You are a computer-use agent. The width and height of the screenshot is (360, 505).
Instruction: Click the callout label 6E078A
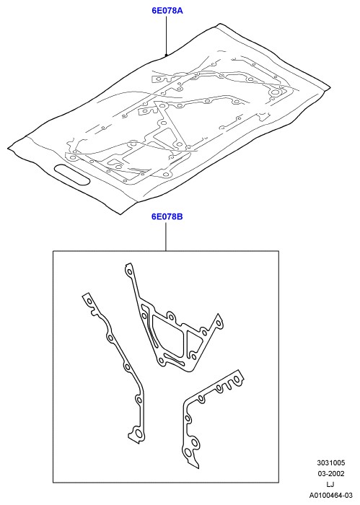click(167, 11)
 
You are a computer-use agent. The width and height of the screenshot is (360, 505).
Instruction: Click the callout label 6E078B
click(167, 216)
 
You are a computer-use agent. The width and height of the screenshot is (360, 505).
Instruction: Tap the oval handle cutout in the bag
click(72, 175)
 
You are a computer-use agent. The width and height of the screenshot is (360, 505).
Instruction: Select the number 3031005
click(330, 463)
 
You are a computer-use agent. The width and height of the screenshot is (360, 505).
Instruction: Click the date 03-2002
click(330, 474)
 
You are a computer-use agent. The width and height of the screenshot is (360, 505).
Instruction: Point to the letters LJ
click(330, 484)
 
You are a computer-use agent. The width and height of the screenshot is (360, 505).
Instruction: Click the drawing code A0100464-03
click(330, 495)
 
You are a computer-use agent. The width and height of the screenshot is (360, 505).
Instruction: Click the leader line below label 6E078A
click(166, 36)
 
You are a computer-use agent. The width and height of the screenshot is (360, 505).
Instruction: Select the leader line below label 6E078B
click(166, 236)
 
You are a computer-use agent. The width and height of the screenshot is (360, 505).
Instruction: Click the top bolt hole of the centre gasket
click(129, 272)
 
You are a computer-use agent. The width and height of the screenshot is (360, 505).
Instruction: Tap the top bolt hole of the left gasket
click(89, 302)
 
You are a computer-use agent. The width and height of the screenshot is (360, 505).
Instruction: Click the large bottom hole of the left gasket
click(136, 433)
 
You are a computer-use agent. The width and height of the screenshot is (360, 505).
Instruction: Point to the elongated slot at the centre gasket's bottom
click(175, 359)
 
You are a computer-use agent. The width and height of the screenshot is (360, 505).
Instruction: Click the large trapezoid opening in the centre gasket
click(166, 334)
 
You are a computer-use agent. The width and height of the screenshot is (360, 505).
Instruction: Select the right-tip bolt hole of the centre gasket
click(219, 323)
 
